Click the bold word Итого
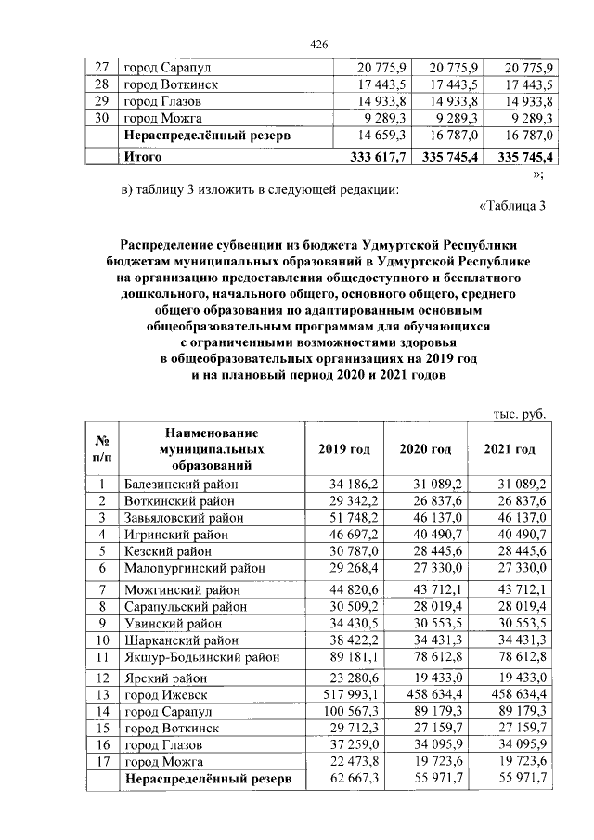click(143, 157)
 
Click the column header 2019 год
click(344, 449)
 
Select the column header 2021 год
click(510, 449)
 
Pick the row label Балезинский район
click(180, 485)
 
